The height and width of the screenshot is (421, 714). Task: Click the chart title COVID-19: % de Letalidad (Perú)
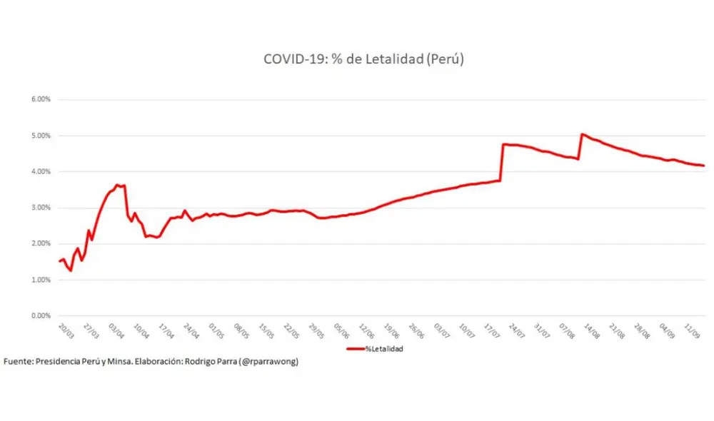(x=364, y=60)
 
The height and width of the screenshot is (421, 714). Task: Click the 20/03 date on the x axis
(x=65, y=331)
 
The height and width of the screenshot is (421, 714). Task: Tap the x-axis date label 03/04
(x=116, y=331)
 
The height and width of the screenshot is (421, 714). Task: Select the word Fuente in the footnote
(x=18, y=362)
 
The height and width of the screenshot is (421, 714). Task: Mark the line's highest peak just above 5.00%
(x=583, y=134)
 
